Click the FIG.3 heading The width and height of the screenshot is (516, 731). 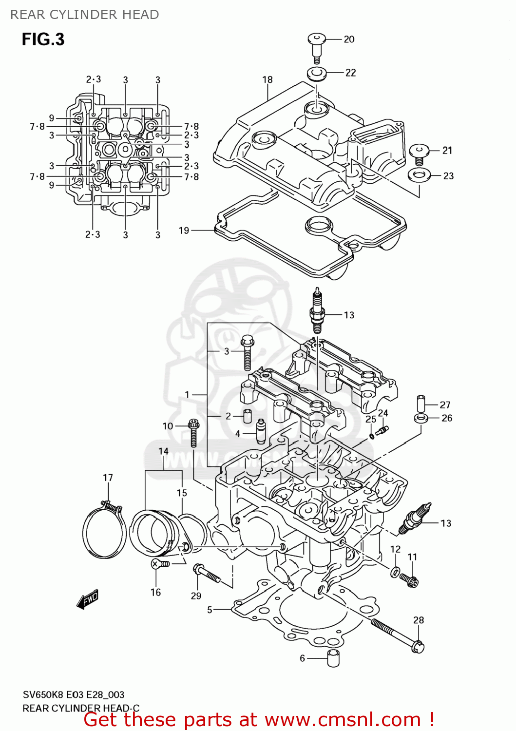(43, 39)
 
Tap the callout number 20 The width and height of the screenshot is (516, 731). (349, 39)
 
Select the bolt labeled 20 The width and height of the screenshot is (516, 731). (316, 47)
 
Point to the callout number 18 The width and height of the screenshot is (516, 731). (268, 79)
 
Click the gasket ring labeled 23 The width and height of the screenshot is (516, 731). (419, 174)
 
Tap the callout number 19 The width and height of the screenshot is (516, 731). (184, 231)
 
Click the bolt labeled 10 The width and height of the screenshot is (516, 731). (193, 432)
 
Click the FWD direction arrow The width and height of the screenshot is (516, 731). (88, 600)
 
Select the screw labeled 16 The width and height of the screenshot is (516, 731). (159, 564)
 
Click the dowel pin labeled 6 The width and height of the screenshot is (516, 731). (333, 658)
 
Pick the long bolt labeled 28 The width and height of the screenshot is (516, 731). (397, 634)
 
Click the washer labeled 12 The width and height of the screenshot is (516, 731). (395, 571)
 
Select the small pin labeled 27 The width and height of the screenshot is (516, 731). (421, 404)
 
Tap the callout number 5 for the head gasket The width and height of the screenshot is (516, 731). (210, 610)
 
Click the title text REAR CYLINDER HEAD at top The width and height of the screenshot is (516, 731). (85, 15)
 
